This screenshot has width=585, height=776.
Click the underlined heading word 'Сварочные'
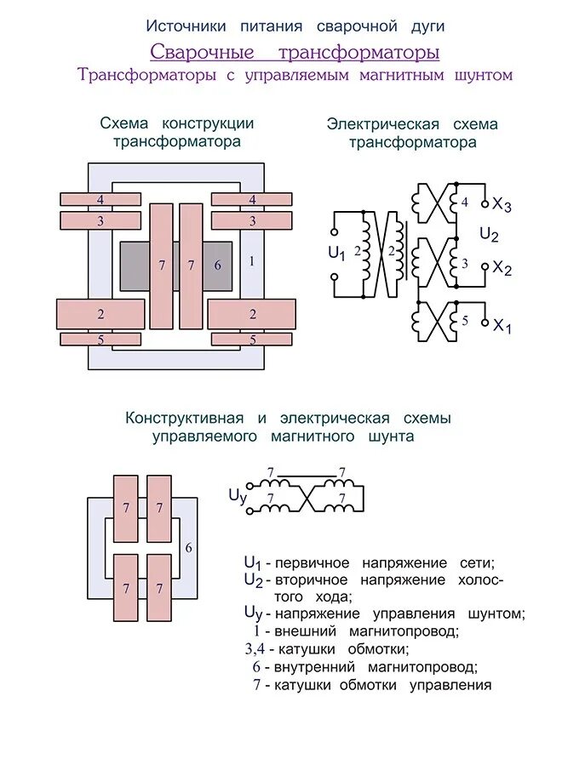click(203, 52)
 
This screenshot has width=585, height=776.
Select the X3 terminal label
click(502, 205)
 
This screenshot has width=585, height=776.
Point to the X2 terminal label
click(502, 269)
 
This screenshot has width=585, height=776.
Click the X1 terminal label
click(502, 326)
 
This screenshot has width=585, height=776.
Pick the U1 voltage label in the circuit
click(337, 253)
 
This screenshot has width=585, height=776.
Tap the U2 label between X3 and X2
click(489, 235)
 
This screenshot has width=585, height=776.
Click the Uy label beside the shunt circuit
click(238, 496)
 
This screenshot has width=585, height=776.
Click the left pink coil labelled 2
click(100, 314)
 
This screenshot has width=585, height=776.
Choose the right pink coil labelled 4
click(252, 199)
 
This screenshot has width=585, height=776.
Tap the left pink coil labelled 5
click(100, 339)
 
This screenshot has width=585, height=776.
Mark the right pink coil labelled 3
click(252, 220)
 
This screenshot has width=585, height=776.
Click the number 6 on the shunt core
click(188, 547)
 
